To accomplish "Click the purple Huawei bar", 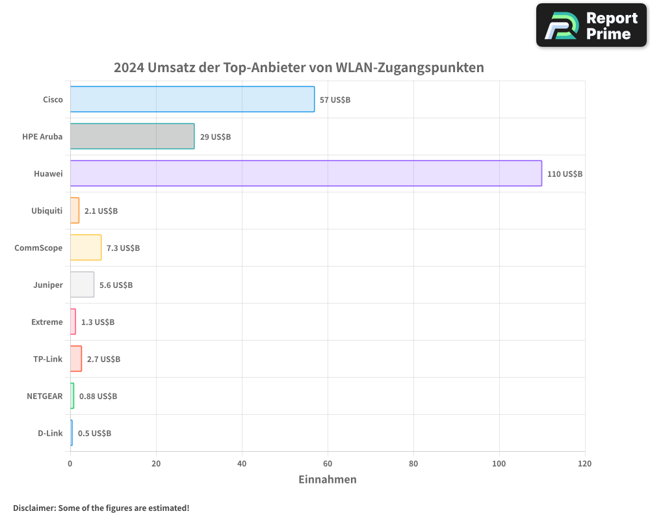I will pyautogui.click(x=305, y=174).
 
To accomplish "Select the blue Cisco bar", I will pyautogui.click(x=192, y=99).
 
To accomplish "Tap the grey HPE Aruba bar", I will pyautogui.click(x=132, y=136).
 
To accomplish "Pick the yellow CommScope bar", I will pyautogui.click(x=86, y=248).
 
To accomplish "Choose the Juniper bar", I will pyautogui.click(x=82, y=285).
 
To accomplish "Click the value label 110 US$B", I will pyautogui.click(x=565, y=174).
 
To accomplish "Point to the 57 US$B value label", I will pyautogui.click(x=335, y=100).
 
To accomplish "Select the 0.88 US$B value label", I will pyautogui.click(x=98, y=396).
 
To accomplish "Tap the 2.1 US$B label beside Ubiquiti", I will pyautogui.click(x=101, y=211).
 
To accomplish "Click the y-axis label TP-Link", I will pyautogui.click(x=48, y=359).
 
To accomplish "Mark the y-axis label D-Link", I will pyautogui.click(x=50, y=433).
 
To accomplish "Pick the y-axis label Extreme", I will pyautogui.click(x=47, y=322).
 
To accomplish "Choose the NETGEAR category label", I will pyautogui.click(x=45, y=396).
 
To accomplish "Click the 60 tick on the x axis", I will pyautogui.click(x=328, y=464).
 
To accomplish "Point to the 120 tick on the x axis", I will pyautogui.click(x=584, y=464).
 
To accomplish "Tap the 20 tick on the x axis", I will pyautogui.click(x=156, y=464).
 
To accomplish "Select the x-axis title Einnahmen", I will pyautogui.click(x=328, y=480).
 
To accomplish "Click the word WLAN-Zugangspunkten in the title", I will pyautogui.click(x=409, y=68).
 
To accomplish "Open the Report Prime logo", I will pyautogui.click(x=591, y=25).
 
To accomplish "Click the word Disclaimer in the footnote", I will pyautogui.click(x=34, y=508).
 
